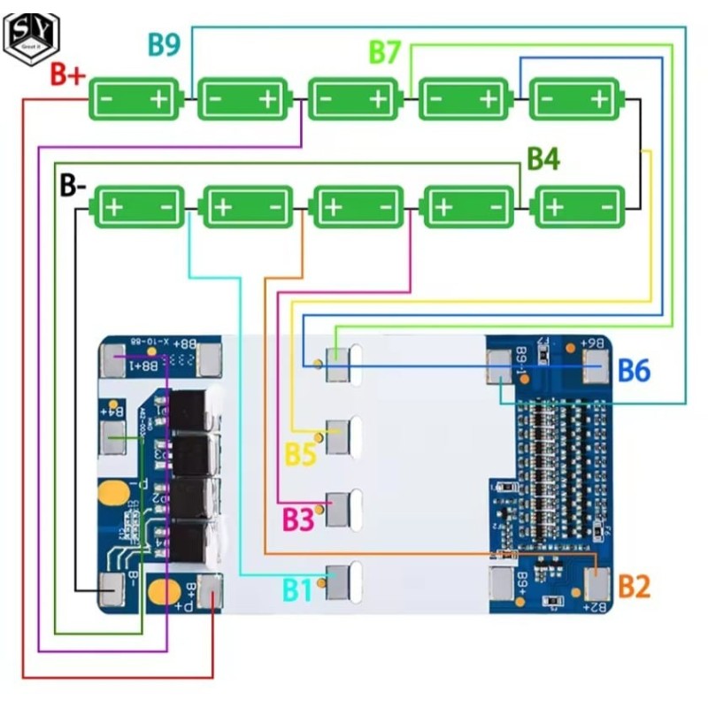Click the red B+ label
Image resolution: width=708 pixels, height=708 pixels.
click(x=67, y=75)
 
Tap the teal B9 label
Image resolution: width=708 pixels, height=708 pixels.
click(x=165, y=44)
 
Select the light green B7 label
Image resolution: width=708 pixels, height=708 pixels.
click(x=386, y=52)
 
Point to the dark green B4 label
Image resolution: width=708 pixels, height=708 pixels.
click(x=543, y=159)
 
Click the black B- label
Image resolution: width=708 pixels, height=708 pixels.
click(x=73, y=186)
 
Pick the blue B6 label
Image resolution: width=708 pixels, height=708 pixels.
click(x=634, y=370)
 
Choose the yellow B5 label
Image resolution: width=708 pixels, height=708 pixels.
click(x=300, y=455)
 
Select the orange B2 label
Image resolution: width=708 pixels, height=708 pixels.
click(x=634, y=586)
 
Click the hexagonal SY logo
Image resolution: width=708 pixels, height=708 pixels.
click(x=31, y=35)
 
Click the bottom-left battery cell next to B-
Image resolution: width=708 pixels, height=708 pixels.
click(x=138, y=208)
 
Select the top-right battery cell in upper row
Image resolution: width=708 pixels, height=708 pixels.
click(x=575, y=99)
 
